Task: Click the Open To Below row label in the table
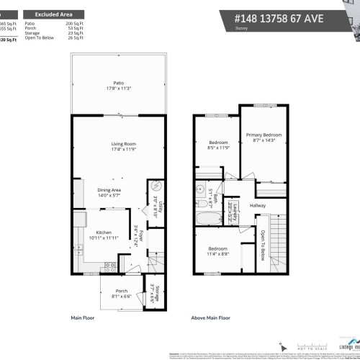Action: tap(40, 39)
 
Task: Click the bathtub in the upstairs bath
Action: tap(207, 217)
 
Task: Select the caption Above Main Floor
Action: tap(211, 317)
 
